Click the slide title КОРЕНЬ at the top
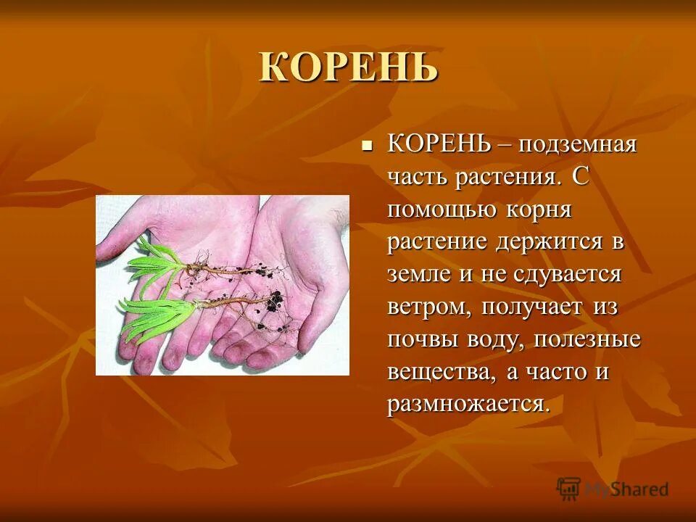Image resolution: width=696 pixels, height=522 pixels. (x=349, y=67)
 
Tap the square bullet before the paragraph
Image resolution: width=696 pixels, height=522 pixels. (x=367, y=144)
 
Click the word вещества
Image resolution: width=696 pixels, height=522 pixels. (x=436, y=372)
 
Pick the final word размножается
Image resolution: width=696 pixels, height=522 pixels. (x=468, y=405)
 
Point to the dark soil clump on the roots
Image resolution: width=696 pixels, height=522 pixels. (x=273, y=299)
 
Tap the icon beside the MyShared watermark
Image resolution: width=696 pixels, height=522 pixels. (x=569, y=488)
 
